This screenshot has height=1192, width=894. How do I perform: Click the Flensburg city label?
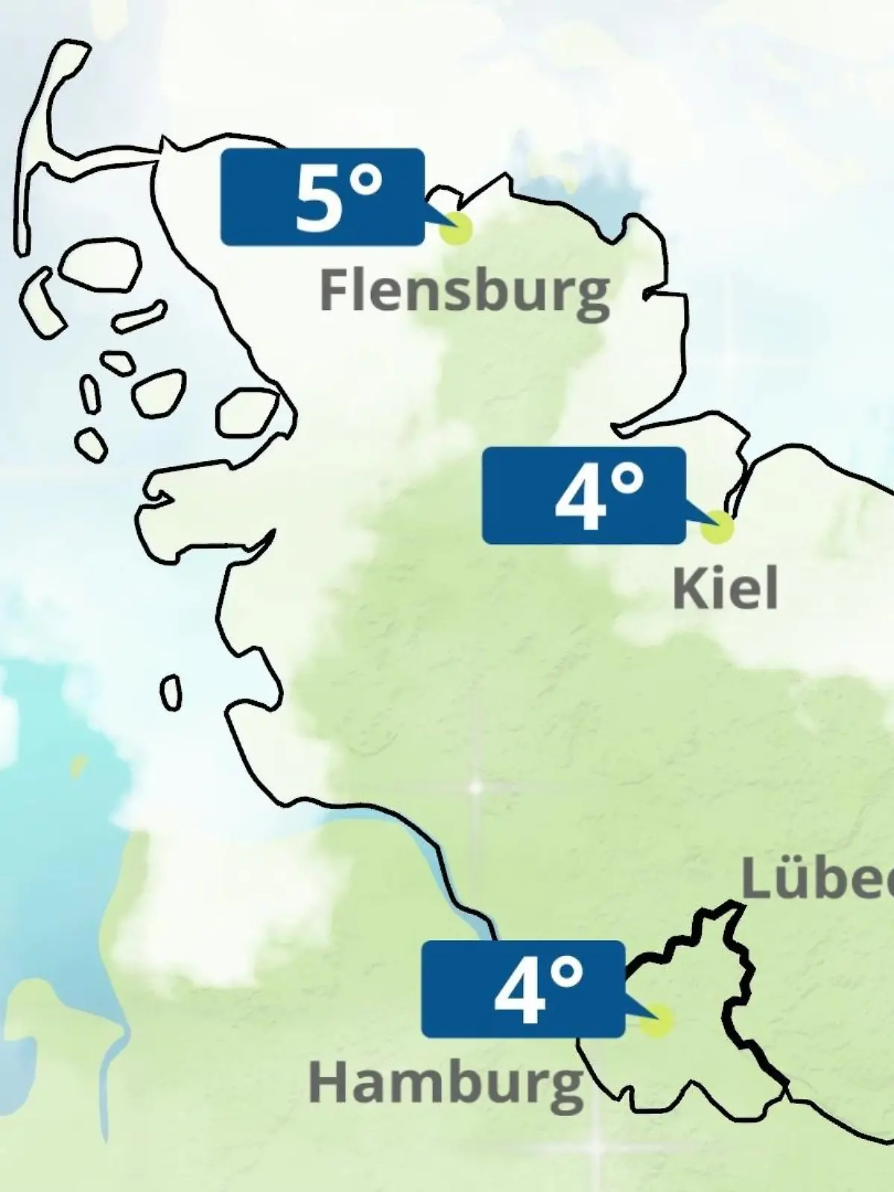pos(464,291)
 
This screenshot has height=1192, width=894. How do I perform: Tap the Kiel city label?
pos(725,589)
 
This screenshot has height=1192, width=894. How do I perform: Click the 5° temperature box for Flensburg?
pos(323,197)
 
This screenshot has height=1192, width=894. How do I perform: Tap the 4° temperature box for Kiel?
pos(583,495)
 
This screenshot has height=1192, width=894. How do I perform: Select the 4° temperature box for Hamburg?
pos(522,989)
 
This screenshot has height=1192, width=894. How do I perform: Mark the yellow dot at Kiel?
pos(717,527)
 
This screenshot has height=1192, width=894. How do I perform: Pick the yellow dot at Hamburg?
pos(656,1021)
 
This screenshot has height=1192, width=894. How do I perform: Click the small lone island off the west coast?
pos(171,693)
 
